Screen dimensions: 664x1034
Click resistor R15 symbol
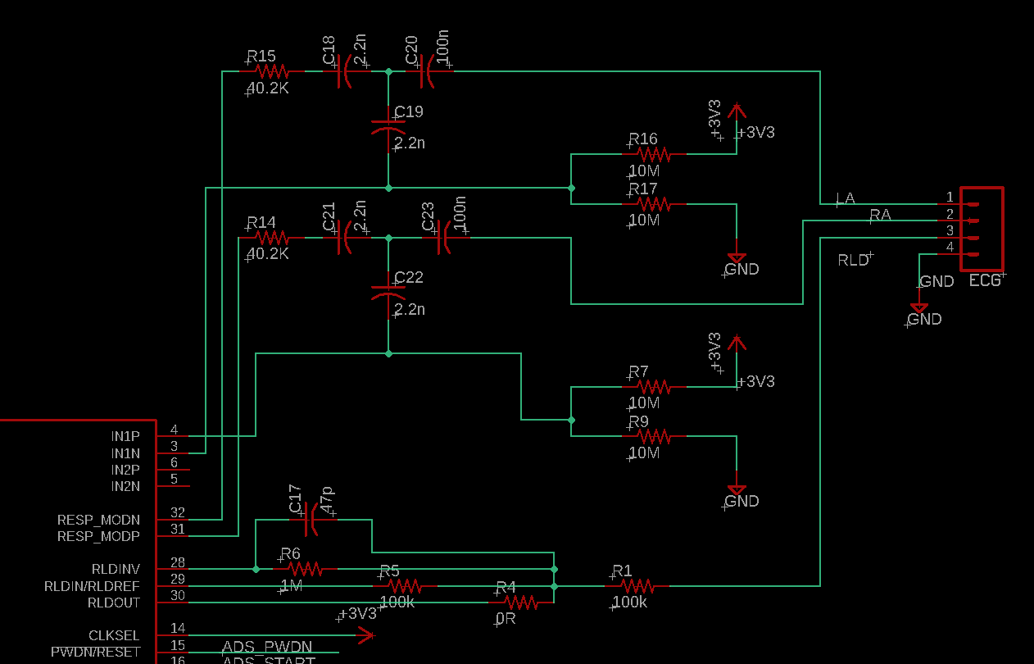pyautogui.click(x=270, y=72)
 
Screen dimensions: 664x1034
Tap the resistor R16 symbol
pyautogui.click(x=654, y=154)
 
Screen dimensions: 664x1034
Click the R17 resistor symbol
pyautogui.click(x=654, y=203)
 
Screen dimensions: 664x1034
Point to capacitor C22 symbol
pyautogui.click(x=388, y=290)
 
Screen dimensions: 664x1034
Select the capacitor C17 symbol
pyautogui.click(x=311, y=519)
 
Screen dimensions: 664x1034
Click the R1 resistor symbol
pyautogui.click(x=637, y=585)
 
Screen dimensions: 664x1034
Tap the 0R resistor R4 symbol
pyautogui.click(x=521, y=603)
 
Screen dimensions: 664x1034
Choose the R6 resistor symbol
pyautogui.click(x=303, y=568)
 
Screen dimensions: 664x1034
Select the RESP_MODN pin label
pyautogui.click(x=98, y=520)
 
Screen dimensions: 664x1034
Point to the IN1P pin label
pyautogui.click(x=125, y=436)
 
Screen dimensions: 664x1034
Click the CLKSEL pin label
pyautogui.click(x=114, y=635)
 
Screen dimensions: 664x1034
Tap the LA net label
pyautogui.click(x=845, y=198)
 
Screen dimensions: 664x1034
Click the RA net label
pyautogui.click(x=880, y=215)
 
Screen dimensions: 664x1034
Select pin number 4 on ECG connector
pyautogui.click(x=950, y=247)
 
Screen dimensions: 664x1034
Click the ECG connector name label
pyautogui.click(x=985, y=280)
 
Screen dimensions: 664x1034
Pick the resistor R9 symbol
pyautogui.click(x=654, y=436)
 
